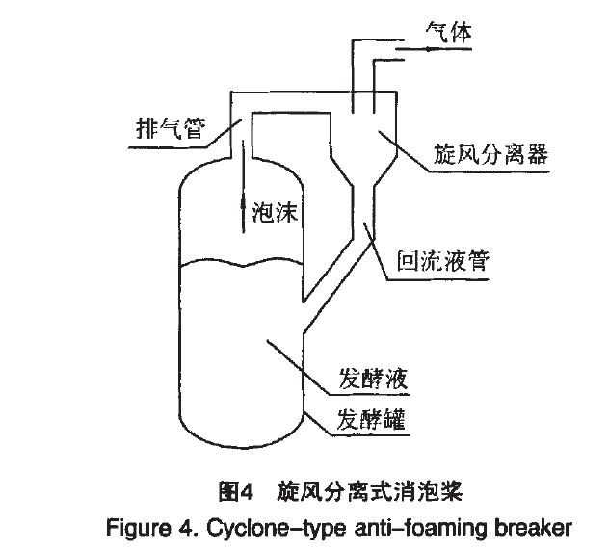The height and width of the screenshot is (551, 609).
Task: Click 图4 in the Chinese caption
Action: click(x=236, y=492)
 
